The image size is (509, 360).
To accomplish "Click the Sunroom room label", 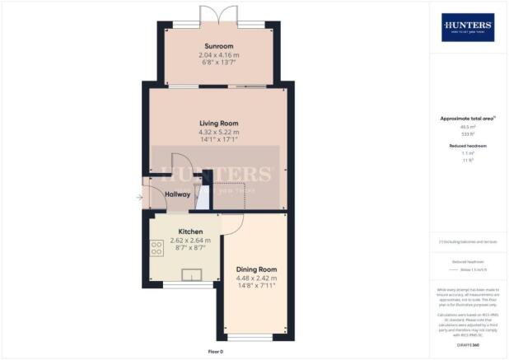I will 219,46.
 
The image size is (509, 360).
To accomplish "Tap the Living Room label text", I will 218,123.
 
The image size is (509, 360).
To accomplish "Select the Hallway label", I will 177,194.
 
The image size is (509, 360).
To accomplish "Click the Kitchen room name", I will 190,232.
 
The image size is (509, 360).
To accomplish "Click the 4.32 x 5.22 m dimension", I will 218,132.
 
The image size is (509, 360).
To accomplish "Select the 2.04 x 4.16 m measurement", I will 219,55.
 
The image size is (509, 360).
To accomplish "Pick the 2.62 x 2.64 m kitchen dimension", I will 190,241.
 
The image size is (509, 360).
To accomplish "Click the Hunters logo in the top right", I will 468,27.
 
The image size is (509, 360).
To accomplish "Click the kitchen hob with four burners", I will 156,247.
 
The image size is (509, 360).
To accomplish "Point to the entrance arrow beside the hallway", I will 139,197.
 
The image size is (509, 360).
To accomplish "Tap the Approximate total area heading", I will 468,118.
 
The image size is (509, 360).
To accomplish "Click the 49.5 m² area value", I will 468,127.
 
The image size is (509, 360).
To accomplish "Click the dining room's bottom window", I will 245,336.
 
